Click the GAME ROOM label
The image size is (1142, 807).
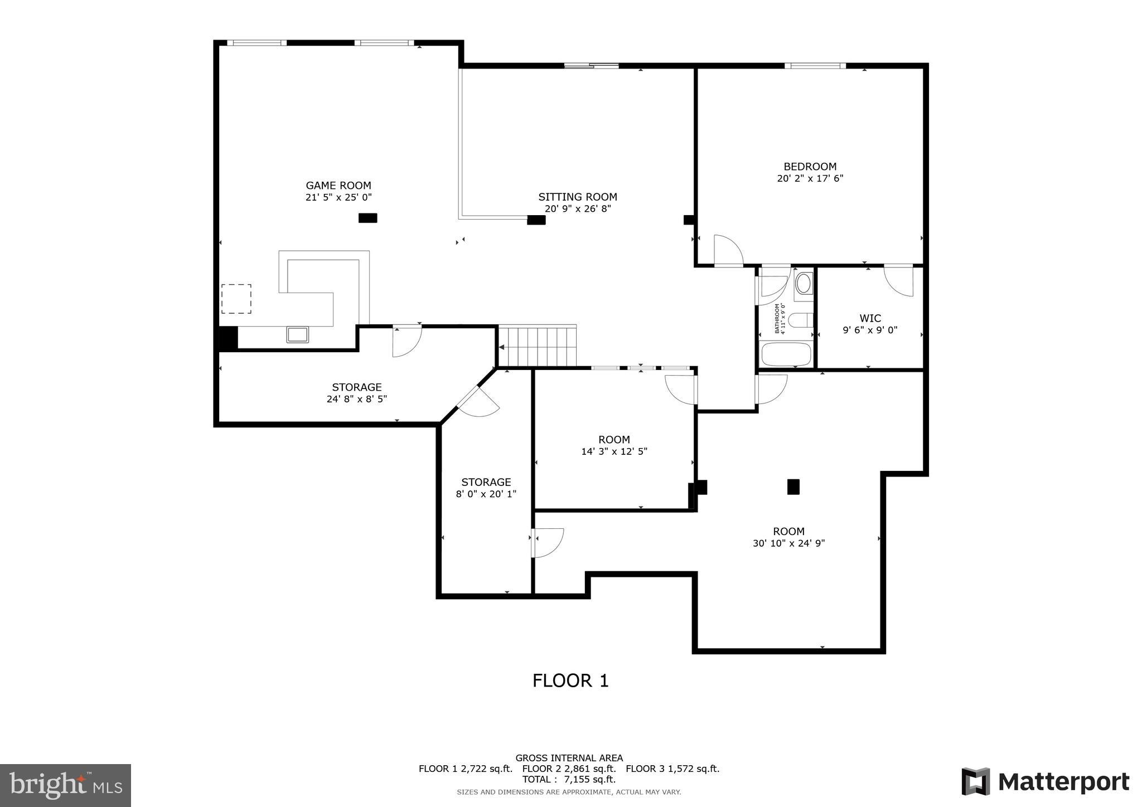pyautogui.click(x=338, y=186)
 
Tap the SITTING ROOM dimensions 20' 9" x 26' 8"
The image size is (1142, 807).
pyautogui.click(x=578, y=209)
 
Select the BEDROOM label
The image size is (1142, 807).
pyautogui.click(x=810, y=167)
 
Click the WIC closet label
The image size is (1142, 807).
pyautogui.click(x=870, y=318)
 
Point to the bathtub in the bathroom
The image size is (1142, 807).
pyautogui.click(x=786, y=354)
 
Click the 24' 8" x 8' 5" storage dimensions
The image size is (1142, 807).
pyautogui.click(x=356, y=399)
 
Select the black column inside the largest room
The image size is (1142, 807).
pyautogui.click(x=793, y=487)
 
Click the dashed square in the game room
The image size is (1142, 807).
pyautogui.click(x=236, y=299)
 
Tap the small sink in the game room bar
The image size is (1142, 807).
pyautogui.click(x=297, y=334)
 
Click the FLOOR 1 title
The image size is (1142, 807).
pyautogui.click(x=570, y=680)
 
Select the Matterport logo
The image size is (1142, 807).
pyautogui.click(x=1045, y=781)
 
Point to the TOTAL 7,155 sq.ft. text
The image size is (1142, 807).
pyautogui.click(x=569, y=779)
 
